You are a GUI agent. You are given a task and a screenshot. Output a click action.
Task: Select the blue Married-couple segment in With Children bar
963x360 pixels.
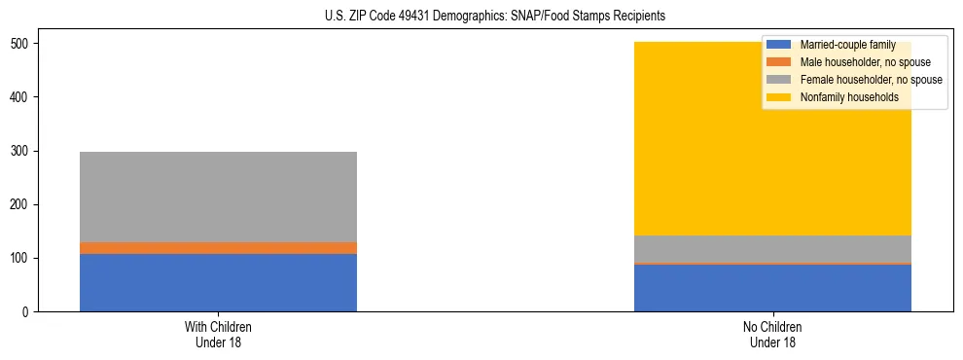[218, 282]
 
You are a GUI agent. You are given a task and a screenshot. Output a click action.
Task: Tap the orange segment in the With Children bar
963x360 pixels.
[218, 248]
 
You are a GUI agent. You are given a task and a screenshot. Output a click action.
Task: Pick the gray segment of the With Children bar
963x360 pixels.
[218, 197]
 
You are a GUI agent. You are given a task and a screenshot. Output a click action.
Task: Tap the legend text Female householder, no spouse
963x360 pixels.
[871, 80]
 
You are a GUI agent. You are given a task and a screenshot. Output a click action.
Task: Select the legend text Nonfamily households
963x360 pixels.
[848, 97]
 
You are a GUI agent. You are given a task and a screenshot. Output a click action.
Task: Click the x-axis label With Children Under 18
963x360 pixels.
[218, 335]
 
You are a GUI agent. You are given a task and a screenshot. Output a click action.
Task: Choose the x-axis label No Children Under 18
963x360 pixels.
[772, 335]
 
